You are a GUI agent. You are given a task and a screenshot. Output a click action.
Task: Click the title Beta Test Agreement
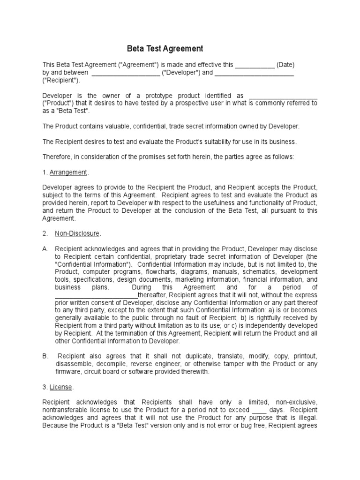[165, 48]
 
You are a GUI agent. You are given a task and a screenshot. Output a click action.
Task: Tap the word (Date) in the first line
[285, 65]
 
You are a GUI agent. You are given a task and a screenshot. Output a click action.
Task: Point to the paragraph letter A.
[45, 248]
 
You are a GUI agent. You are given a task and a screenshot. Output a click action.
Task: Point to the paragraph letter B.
[45, 356]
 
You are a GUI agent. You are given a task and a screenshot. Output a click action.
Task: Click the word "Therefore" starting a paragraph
[58, 157]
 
